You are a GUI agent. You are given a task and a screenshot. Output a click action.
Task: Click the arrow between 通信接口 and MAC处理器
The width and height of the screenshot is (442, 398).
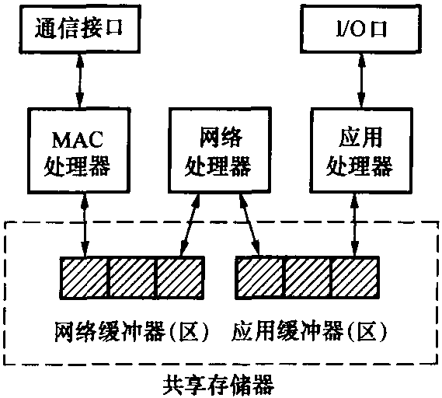tap(80, 80)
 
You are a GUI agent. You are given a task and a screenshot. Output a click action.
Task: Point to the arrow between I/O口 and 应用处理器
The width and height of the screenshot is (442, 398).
tap(361, 80)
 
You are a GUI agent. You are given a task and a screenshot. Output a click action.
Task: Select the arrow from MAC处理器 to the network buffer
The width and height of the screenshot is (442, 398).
tap(85, 225)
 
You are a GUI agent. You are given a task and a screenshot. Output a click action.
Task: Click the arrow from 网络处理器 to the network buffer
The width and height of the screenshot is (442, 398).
tap(190, 225)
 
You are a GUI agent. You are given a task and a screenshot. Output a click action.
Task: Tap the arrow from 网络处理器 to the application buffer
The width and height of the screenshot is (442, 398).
tap(249, 225)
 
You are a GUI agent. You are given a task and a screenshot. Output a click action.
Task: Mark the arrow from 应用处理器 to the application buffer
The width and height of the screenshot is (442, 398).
tap(355, 225)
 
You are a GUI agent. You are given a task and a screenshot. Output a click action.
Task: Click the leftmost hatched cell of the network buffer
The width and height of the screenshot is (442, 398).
tap(85, 278)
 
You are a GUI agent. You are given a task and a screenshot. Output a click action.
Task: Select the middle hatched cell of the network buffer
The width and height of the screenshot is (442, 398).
tap(132, 278)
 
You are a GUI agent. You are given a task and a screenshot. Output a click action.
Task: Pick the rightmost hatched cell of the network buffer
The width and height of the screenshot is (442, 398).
tap(180, 278)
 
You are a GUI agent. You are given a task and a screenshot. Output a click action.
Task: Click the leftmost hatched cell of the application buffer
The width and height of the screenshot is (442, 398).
tap(260, 278)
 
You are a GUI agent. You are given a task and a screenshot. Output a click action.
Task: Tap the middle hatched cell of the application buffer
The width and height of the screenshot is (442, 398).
tap(308, 278)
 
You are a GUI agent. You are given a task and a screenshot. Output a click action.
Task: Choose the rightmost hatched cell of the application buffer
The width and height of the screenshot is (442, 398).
tap(355, 278)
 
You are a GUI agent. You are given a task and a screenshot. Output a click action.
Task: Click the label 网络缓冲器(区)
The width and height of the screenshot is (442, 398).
tap(131, 331)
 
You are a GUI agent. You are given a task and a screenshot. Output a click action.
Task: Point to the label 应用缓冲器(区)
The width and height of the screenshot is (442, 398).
tap(309, 331)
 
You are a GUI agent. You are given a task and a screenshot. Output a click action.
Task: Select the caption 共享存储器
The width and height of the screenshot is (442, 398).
tap(219, 385)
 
